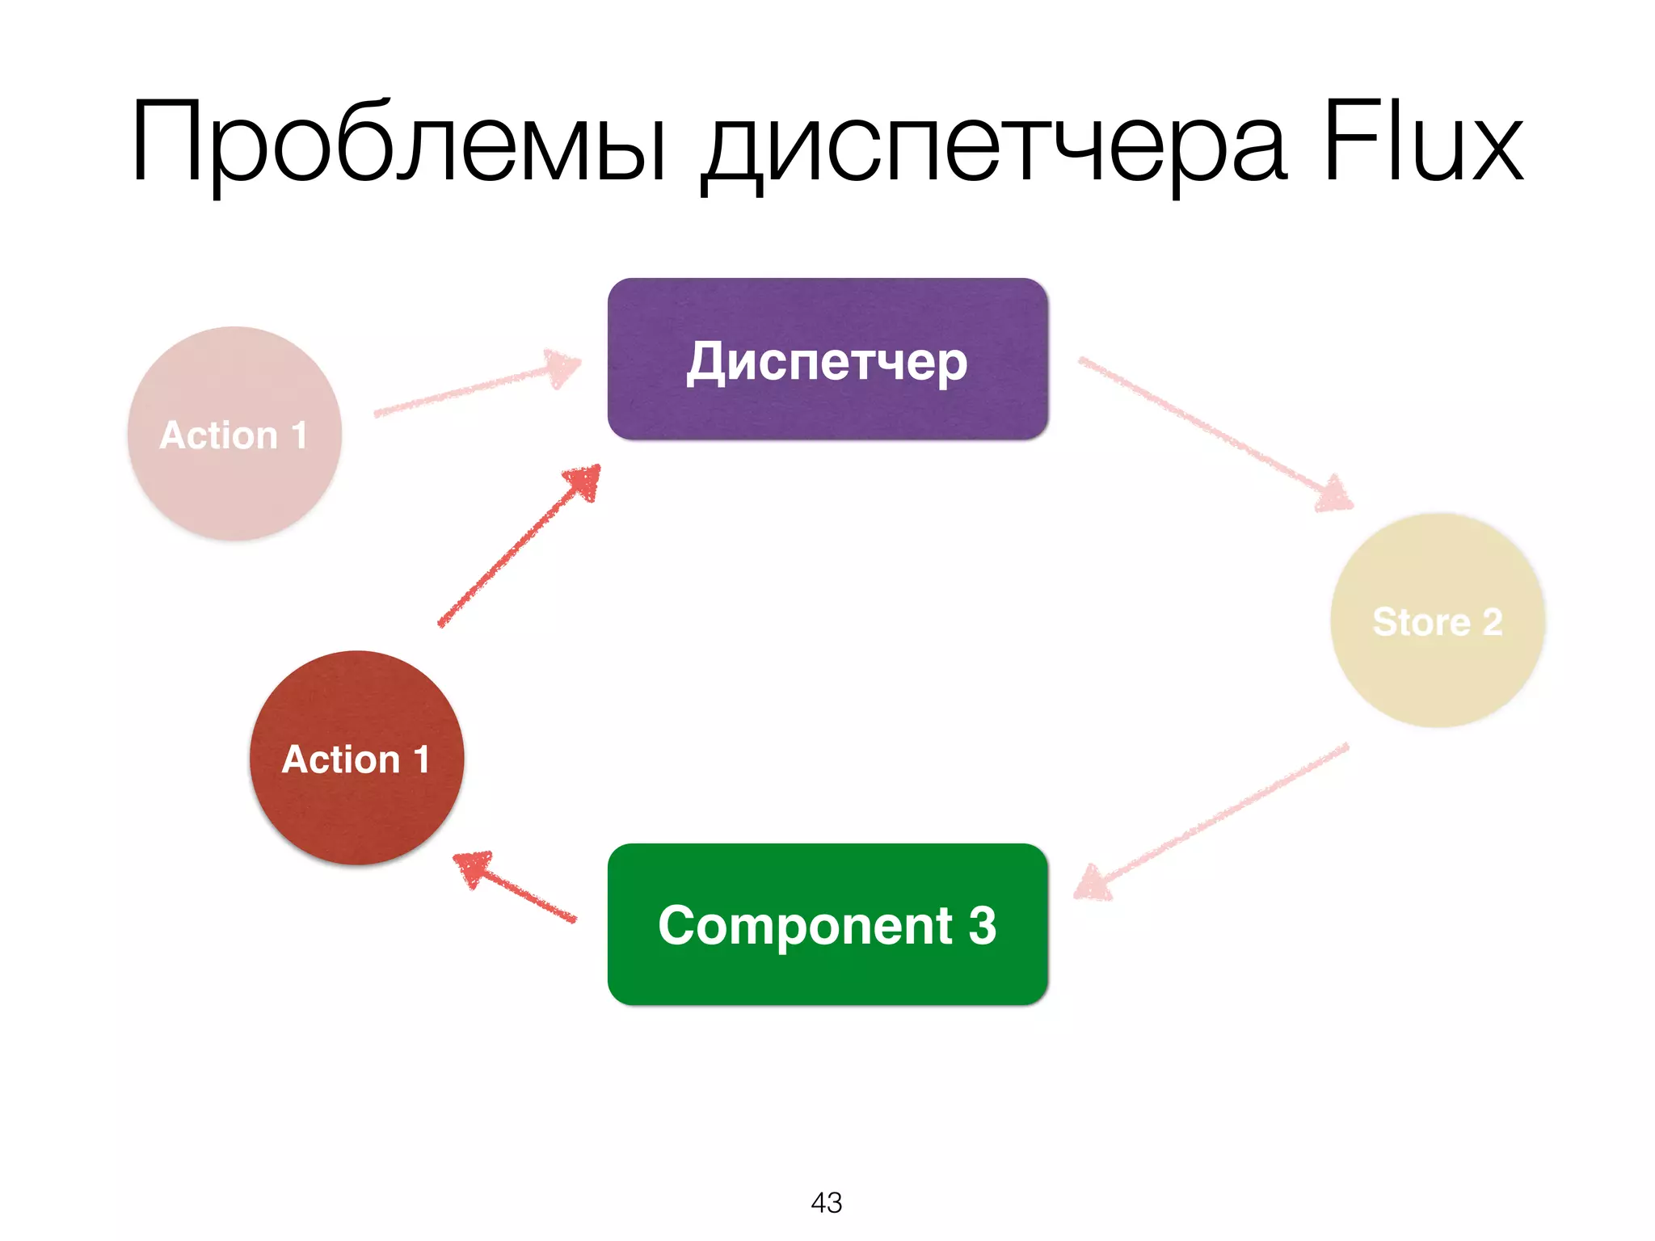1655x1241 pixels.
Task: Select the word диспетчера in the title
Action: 993,145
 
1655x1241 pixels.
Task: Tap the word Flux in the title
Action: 1422,141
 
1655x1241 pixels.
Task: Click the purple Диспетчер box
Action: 827,359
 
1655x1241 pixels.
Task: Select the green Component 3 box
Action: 827,924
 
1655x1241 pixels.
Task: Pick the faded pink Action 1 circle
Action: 234,434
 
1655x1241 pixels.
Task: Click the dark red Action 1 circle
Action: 356,758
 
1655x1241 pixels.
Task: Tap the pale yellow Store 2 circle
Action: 1438,620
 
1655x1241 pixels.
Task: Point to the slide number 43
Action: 827,1202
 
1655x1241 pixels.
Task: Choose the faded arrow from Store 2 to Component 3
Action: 1212,820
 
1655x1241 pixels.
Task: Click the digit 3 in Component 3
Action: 982,925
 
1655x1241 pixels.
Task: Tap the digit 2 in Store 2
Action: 1492,622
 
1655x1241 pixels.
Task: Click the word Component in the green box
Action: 805,926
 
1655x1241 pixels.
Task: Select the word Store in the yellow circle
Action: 1421,622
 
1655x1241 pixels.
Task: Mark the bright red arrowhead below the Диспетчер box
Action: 583,482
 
